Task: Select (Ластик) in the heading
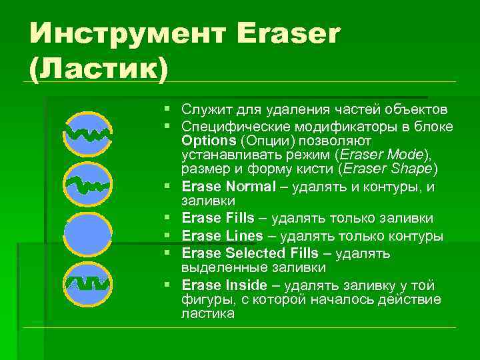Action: coord(96,68)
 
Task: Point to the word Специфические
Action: coord(230,127)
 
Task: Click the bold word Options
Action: coord(209,141)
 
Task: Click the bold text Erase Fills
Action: coord(217,218)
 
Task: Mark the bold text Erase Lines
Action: coord(221,236)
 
